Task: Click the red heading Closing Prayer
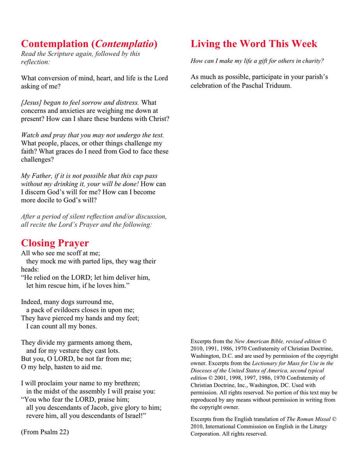coord(55,243)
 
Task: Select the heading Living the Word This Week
coord(254,44)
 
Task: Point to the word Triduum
coord(278,85)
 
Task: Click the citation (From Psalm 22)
coord(45,432)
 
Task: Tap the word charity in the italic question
coord(313,61)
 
